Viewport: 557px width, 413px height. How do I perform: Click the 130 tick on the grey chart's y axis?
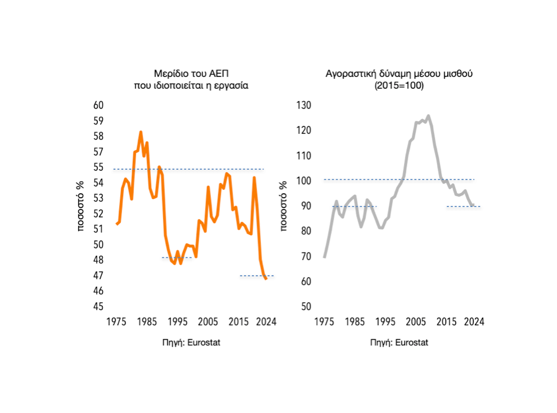304,105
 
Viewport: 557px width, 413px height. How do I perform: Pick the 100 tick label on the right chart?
304,180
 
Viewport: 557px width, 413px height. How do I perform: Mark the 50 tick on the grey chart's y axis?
306,307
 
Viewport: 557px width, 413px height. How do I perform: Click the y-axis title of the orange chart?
80,206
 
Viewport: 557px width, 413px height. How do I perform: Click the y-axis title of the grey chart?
285,206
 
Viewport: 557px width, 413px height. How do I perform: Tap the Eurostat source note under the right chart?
399,343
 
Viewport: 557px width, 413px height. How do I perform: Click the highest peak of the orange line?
141,132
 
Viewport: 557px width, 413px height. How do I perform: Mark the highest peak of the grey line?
428,116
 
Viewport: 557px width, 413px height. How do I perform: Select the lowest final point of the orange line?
266,279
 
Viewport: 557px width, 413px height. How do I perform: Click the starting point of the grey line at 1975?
325,257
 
